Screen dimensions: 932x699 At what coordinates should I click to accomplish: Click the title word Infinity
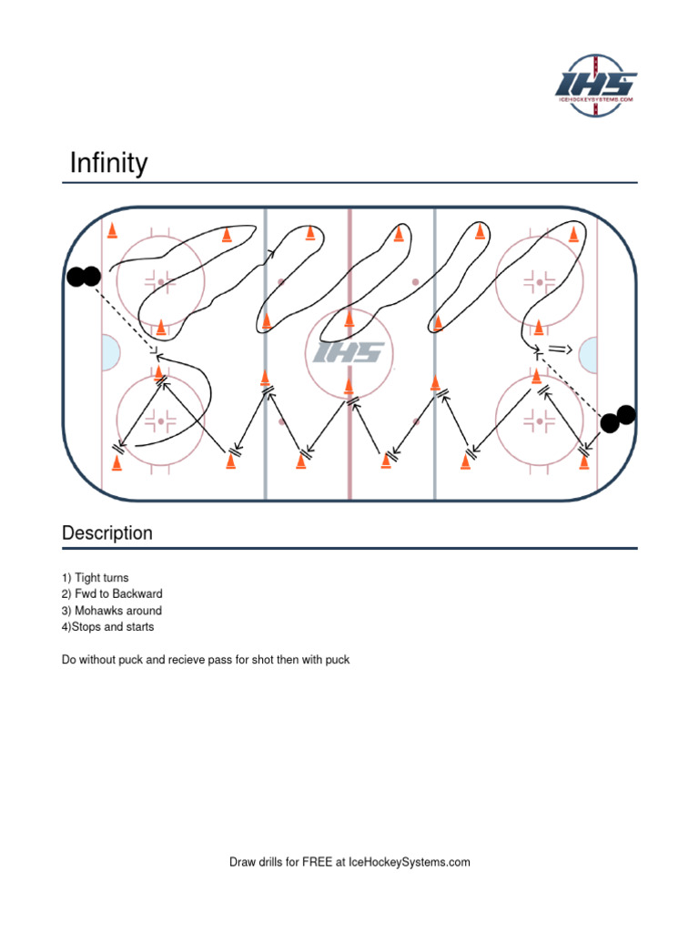click(x=109, y=164)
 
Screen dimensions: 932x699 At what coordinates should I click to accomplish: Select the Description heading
click(x=107, y=533)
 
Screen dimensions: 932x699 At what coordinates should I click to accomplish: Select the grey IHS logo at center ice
click(x=349, y=352)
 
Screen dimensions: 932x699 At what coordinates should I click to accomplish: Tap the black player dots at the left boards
click(x=83, y=277)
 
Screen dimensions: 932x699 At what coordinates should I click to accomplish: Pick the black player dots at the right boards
click(x=618, y=418)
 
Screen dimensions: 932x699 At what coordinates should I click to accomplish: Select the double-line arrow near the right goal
click(x=558, y=349)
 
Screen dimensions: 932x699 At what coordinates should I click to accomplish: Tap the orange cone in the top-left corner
click(x=112, y=231)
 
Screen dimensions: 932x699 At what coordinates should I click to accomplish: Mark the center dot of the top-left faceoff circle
click(x=161, y=282)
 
